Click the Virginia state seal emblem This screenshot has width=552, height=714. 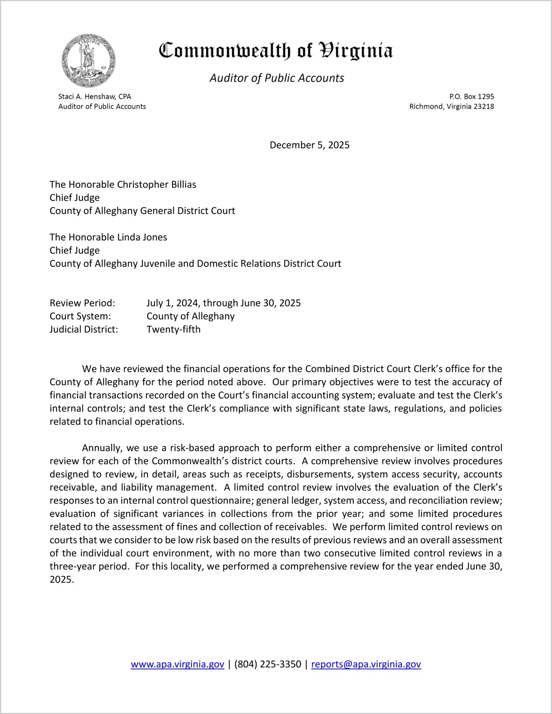coord(89,61)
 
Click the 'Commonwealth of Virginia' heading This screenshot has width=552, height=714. coord(276,51)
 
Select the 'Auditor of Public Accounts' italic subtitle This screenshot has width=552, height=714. coord(277,78)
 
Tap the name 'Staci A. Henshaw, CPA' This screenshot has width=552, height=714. coord(95,97)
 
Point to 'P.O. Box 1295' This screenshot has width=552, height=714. coord(471,97)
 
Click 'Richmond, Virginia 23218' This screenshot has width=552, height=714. coord(452,106)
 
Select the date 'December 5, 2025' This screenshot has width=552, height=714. coord(309,145)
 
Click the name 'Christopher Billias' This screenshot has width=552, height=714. coord(157,185)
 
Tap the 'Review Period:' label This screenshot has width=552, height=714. coord(82,303)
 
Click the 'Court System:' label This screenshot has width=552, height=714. coord(80,316)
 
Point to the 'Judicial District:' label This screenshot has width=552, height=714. coord(84,329)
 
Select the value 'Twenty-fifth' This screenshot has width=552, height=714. coord(173,329)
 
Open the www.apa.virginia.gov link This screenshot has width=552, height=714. coord(177,664)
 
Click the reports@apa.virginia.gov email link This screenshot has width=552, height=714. coord(366,664)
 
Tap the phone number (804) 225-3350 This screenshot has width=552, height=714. coord(268,664)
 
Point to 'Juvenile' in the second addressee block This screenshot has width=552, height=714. coord(157,264)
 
